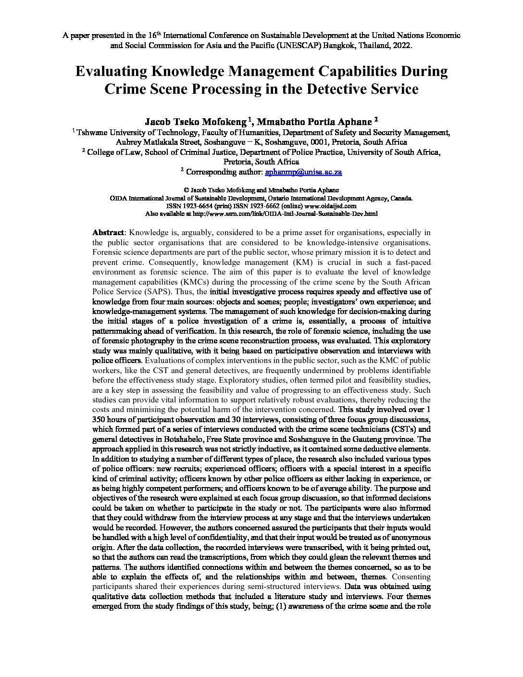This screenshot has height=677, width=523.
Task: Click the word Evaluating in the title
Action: click(x=111, y=72)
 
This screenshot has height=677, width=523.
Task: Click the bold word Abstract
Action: click(x=108, y=233)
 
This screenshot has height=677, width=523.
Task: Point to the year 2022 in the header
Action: click(x=401, y=46)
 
